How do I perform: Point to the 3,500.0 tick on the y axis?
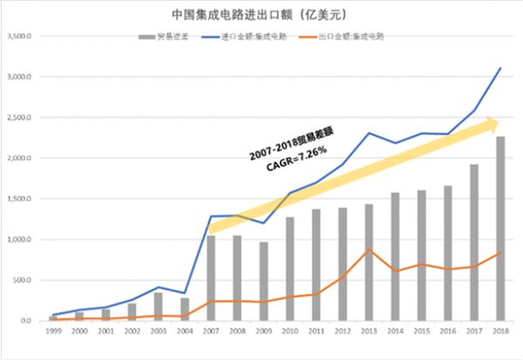(17, 37)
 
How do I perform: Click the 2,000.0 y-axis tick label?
(17, 159)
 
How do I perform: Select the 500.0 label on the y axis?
(20, 281)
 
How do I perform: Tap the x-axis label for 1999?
(53, 332)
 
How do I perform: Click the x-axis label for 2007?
(211, 332)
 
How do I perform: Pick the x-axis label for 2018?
(500, 332)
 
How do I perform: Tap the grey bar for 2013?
(369, 262)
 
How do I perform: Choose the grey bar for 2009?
(263, 281)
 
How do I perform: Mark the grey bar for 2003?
(158, 307)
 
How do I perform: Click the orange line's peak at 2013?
(369, 250)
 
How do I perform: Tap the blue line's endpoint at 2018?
(501, 68)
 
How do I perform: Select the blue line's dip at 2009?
(263, 223)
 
